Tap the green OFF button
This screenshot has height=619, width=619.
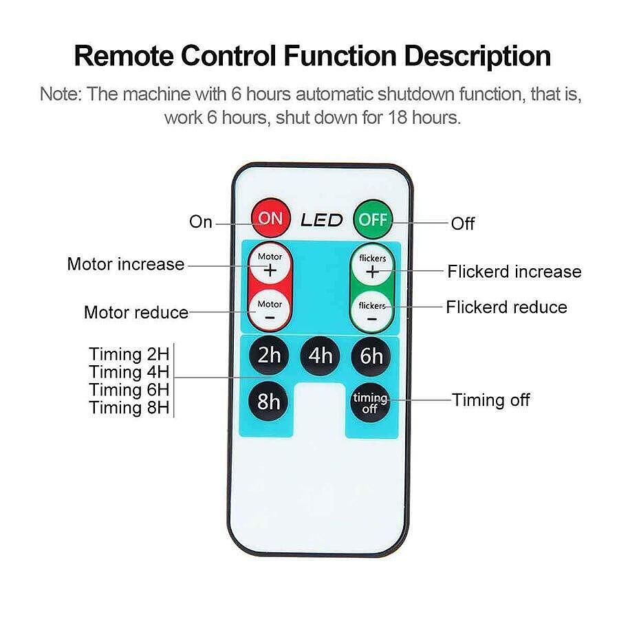tap(371, 219)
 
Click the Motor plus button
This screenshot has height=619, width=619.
tap(270, 265)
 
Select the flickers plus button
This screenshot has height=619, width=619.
tap(372, 266)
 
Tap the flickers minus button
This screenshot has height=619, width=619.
tap(372, 311)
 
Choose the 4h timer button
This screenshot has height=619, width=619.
tap(321, 356)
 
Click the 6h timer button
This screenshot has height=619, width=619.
tap(371, 356)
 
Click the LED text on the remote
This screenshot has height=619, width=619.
tap(321, 220)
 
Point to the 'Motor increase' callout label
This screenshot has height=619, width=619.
tap(126, 264)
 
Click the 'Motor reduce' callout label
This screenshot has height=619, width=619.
tap(136, 312)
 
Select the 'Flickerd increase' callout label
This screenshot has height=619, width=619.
tap(514, 272)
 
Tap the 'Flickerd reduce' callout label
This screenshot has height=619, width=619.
tap(506, 307)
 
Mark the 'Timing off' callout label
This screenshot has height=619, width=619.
tap(490, 400)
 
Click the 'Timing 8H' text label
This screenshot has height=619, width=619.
tap(129, 408)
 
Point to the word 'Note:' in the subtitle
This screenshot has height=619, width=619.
tap(61, 94)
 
